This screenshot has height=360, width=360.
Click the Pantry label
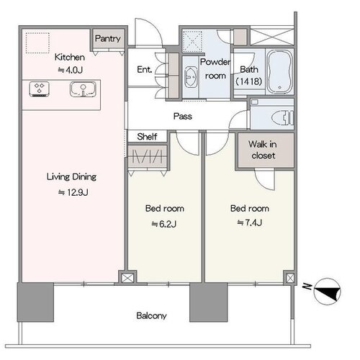tap(108, 38)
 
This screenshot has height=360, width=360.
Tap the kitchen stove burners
tap(40, 89)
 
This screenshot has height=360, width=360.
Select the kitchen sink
tap(83, 89)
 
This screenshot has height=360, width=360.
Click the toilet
tap(283, 117)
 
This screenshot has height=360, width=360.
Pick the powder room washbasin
tap(191, 77)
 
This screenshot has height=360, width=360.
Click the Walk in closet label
tap(263, 150)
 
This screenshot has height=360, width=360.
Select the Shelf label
tap(147, 137)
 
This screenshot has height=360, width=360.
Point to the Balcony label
tap(151, 315)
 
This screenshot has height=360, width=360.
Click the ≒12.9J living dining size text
tap(73, 192)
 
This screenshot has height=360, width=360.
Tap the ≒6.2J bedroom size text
tap(164, 224)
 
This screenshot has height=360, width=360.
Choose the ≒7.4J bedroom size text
tap(249, 222)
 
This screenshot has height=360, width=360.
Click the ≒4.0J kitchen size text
tap(70, 70)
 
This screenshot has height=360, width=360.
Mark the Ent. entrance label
tap(145, 70)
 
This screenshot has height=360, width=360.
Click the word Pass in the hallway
tap(183, 117)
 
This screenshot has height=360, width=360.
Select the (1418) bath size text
tap(248, 81)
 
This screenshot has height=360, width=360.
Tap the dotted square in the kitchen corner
tap(37, 43)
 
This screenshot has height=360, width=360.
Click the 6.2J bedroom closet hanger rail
tap(147, 157)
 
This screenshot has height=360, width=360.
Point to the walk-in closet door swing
tap(264, 179)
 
